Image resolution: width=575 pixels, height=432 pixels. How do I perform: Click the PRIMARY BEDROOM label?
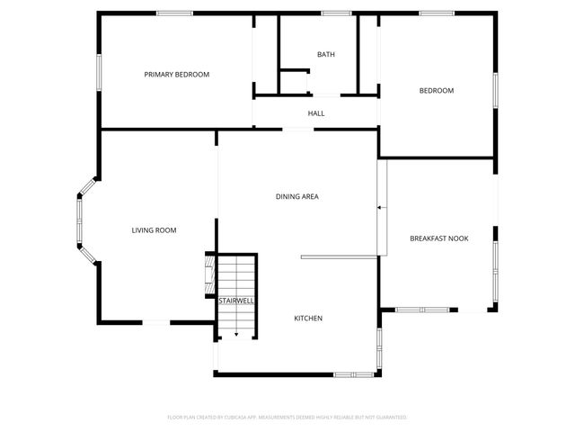click(177, 75)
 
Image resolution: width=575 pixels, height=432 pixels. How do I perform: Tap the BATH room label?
click(326, 55)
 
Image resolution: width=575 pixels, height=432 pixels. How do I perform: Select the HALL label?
click(316, 113)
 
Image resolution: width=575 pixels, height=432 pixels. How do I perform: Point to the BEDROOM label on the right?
click(437, 90)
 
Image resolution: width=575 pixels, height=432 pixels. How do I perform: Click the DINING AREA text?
click(297, 196)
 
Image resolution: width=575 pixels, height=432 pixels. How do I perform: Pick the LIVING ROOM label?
click(154, 230)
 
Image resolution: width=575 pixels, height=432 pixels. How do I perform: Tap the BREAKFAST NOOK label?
click(438, 238)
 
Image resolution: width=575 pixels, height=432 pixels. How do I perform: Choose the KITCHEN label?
click(308, 319)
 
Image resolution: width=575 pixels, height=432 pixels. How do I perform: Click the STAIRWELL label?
click(236, 301)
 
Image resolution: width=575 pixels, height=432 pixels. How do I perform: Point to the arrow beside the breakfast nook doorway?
click(380, 208)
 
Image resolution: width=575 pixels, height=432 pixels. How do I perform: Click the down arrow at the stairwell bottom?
click(236, 334)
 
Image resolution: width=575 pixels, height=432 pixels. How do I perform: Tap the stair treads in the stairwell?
click(237, 274)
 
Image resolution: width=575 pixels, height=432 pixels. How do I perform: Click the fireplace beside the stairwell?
click(210, 274)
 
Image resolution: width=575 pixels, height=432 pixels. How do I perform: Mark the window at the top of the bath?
click(336, 13)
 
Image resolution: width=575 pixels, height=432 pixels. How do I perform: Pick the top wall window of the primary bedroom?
click(174, 13)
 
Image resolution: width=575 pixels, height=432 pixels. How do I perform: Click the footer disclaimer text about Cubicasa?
click(287, 418)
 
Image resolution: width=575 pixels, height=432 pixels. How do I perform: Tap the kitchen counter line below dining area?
click(339, 256)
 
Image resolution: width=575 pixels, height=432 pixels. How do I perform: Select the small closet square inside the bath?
click(294, 80)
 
